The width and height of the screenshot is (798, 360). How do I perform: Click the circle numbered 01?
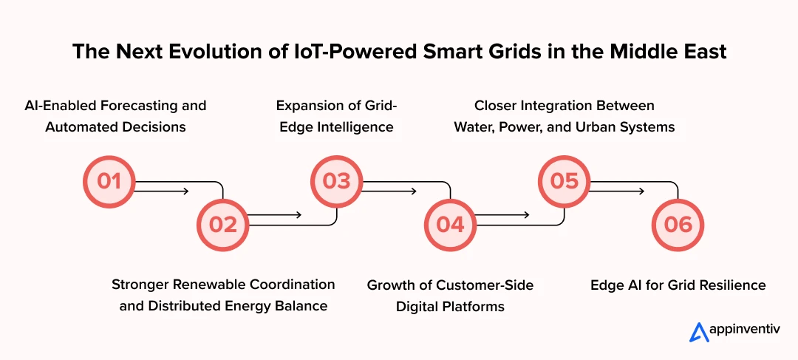point(109,181)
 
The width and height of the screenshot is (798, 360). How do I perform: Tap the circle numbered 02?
point(222,224)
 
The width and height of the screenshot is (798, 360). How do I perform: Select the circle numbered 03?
point(336,181)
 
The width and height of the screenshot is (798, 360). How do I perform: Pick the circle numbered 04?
point(450,224)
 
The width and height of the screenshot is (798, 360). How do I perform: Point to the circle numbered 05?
point(564,181)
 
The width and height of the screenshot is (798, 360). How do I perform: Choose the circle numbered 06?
point(678,224)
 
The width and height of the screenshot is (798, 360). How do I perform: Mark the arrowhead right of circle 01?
point(185,191)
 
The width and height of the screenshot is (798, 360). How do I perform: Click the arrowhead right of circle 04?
point(527,215)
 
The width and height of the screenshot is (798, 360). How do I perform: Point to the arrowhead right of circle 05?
point(641,191)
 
